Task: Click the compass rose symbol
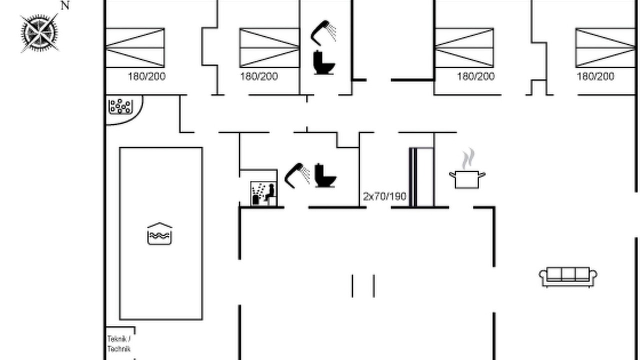(39, 33)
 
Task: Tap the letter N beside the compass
(65, 5)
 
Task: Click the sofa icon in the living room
(568, 276)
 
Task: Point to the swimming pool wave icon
(159, 233)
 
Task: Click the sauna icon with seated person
(263, 193)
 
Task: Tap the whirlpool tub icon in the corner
(120, 106)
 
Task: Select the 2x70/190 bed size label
(384, 196)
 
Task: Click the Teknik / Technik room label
(119, 344)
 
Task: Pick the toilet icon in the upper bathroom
(324, 62)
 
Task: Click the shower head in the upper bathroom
(323, 33)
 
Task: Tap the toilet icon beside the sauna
(325, 175)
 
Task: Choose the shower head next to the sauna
(297, 175)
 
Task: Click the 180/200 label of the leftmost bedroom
(146, 76)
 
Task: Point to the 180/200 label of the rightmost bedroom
(595, 76)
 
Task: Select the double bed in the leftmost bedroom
(135, 48)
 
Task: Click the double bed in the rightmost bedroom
(605, 48)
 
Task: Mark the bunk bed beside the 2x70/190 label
(421, 177)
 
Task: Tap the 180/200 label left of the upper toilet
(259, 76)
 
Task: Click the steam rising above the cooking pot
(468, 159)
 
